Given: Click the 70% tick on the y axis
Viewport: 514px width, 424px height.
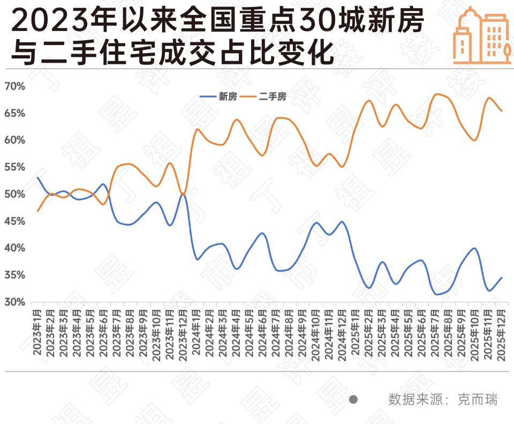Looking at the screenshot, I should pos(15,86).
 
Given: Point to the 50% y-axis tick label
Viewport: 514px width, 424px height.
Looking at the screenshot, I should pos(15,194).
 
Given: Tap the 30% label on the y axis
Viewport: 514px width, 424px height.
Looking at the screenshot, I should pos(15,302).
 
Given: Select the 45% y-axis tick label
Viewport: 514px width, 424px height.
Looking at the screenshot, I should pos(15,221).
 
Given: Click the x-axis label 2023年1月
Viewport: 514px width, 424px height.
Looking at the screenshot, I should pos(37,332).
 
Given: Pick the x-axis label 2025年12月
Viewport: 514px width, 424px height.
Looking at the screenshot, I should pos(502,332).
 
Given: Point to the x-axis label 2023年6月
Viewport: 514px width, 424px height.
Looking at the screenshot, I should pos(104,332).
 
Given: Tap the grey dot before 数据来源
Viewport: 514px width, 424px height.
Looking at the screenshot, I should pos(353,399).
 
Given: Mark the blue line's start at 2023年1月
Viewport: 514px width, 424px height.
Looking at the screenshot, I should pos(37,177).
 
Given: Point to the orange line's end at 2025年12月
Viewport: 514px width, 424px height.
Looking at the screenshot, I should pos(502,111).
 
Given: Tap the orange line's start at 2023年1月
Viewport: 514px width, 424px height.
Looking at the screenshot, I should pos(37,211).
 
